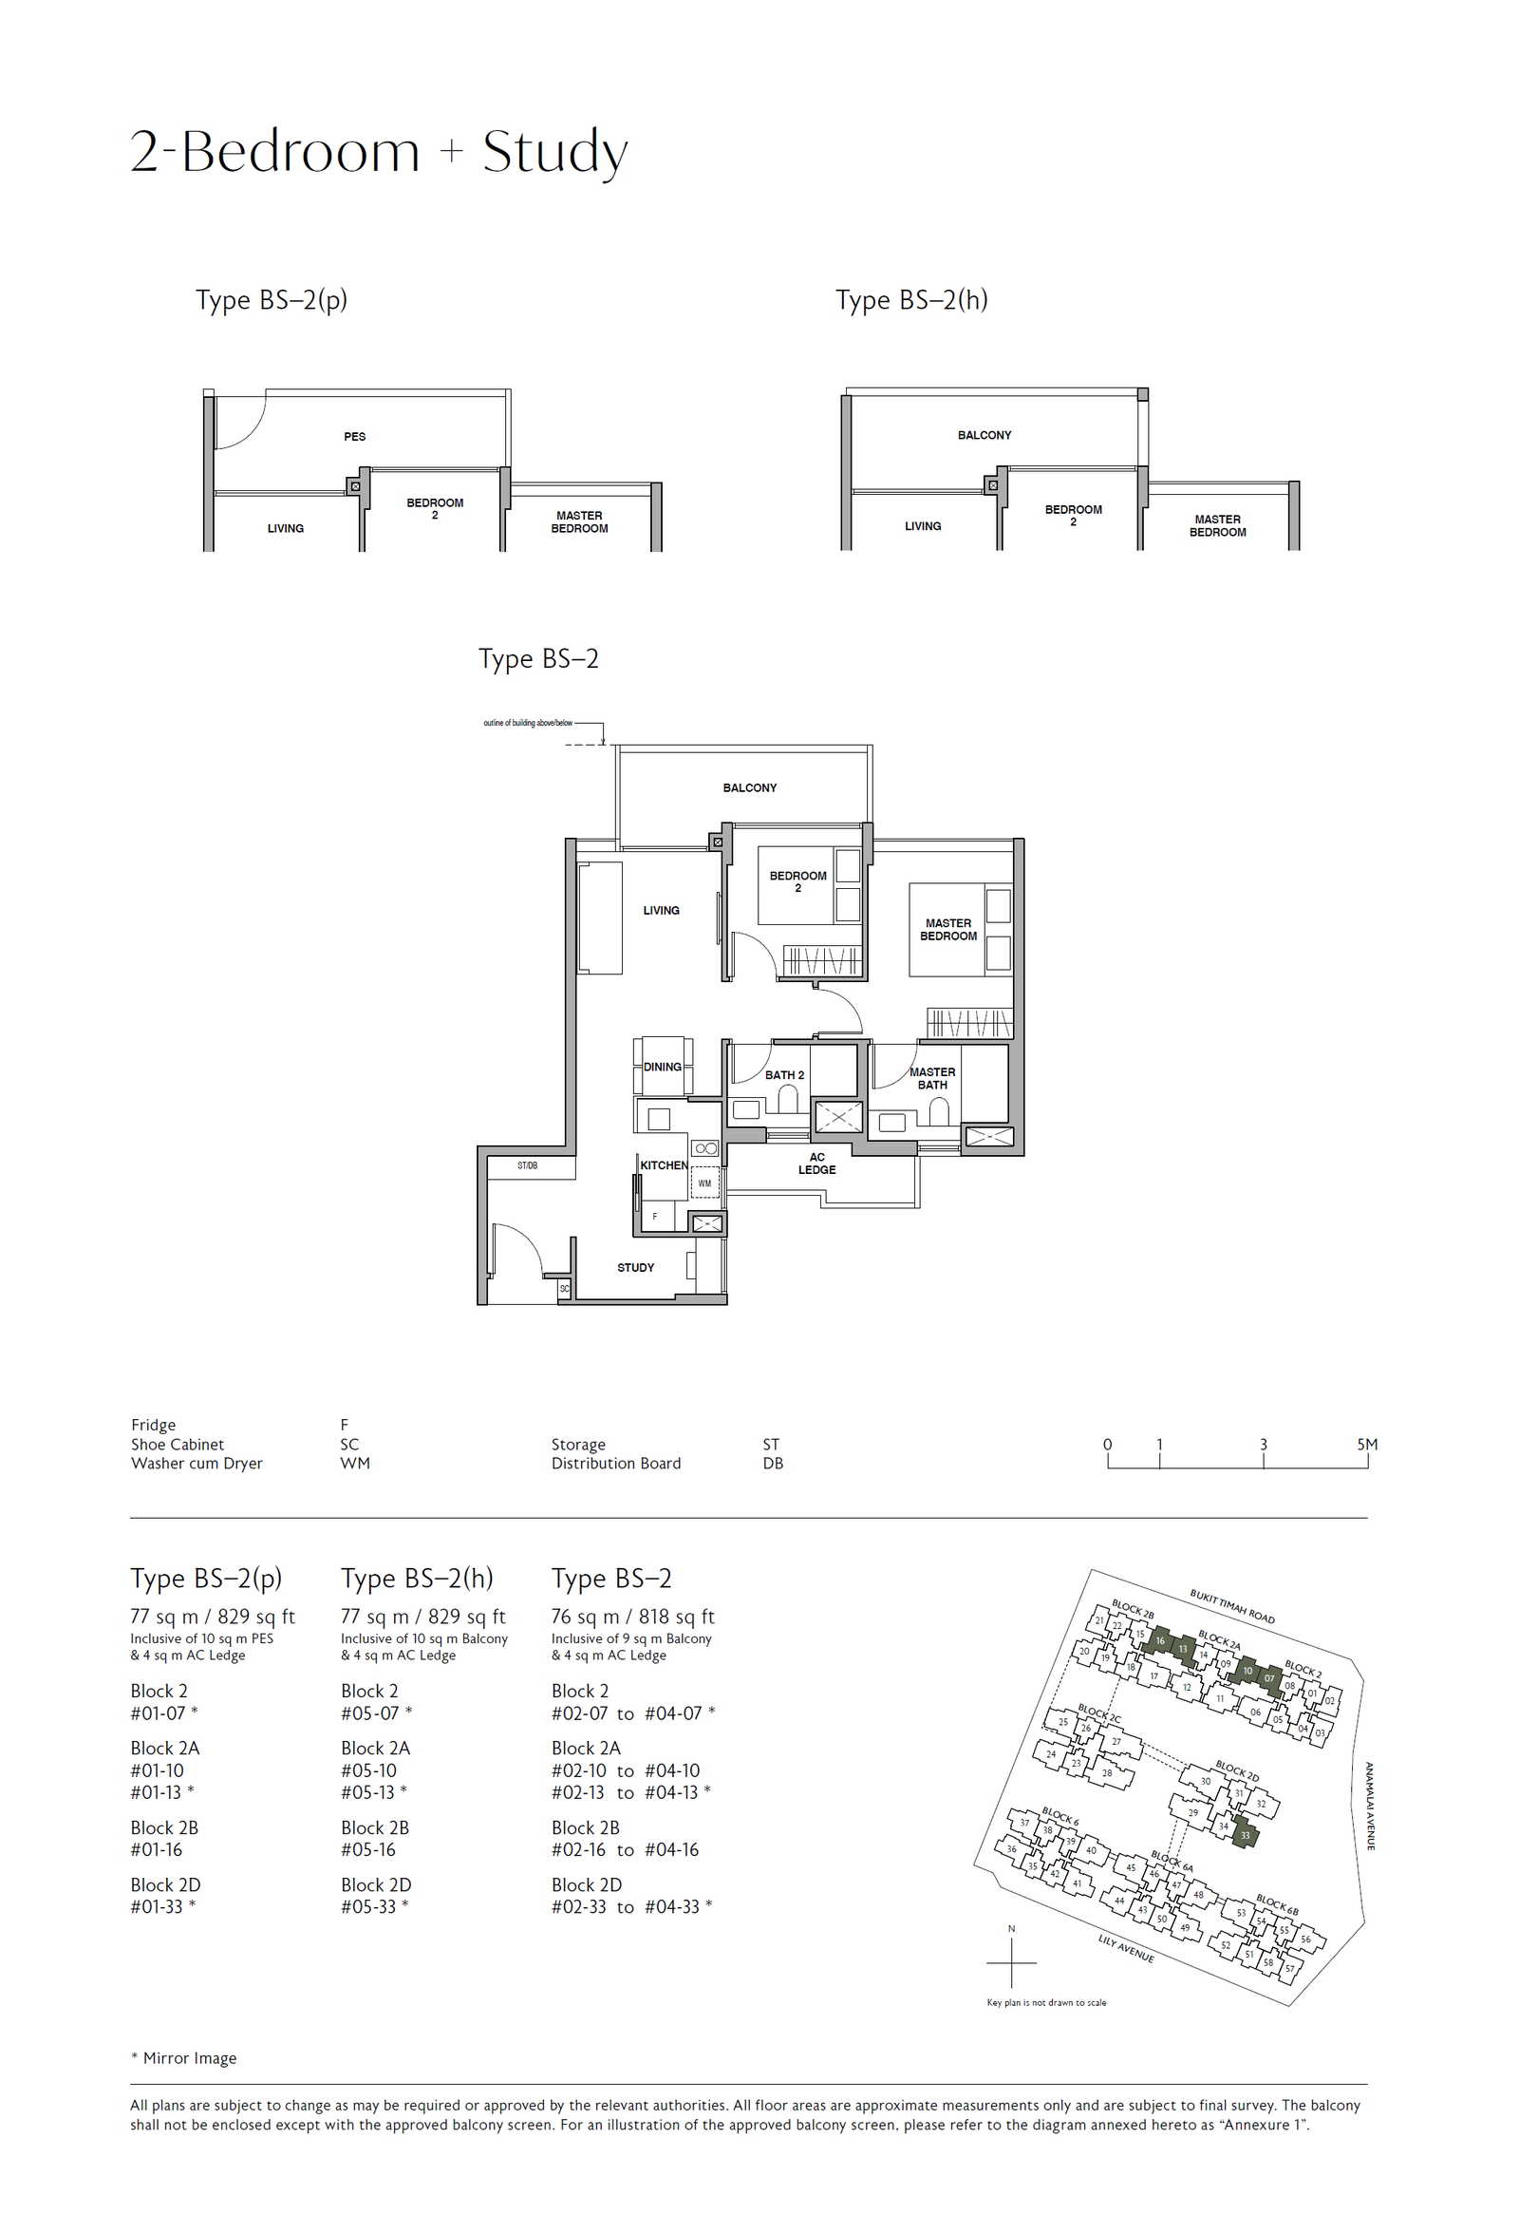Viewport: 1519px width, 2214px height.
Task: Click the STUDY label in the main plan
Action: click(x=635, y=1267)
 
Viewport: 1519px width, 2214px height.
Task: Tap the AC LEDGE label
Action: click(x=817, y=1164)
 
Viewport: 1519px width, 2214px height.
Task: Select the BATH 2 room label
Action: click(x=785, y=1074)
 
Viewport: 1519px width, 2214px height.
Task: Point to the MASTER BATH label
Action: click(x=932, y=1078)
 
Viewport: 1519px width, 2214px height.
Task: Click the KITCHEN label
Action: click(x=664, y=1165)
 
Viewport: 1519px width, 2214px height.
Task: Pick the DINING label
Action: click(x=662, y=1067)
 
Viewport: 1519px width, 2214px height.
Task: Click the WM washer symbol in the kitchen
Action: click(x=704, y=1183)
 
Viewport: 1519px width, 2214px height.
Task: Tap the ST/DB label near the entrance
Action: click(x=528, y=1165)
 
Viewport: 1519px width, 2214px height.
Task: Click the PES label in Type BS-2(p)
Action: click(x=354, y=436)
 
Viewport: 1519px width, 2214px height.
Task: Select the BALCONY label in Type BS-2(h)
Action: click(x=985, y=434)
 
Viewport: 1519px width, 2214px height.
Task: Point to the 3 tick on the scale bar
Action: click(x=1264, y=1445)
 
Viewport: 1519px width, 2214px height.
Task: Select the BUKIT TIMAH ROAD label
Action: click(x=1231, y=1606)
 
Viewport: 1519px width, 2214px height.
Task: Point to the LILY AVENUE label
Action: click(x=1126, y=1948)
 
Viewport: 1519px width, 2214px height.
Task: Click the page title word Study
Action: click(x=555, y=152)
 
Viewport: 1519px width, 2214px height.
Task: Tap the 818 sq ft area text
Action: click(x=676, y=1617)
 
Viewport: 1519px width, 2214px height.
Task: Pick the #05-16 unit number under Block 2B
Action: click(x=368, y=1849)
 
